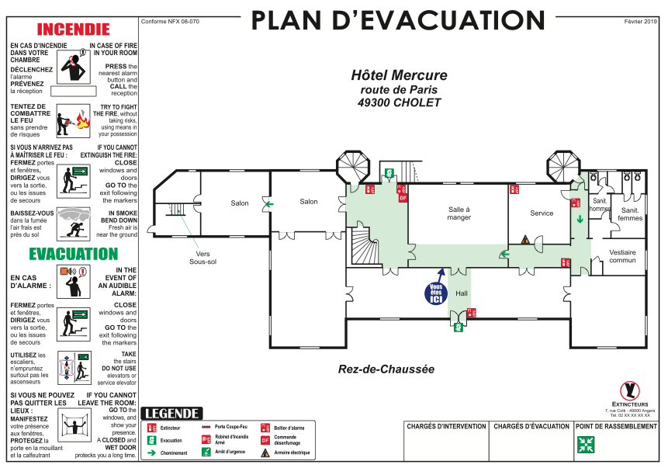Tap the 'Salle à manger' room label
[459, 213]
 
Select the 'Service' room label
[542, 213]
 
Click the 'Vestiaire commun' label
[622, 256]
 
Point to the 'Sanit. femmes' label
[631, 214]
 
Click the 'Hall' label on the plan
[462, 293]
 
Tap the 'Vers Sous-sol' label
[203, 258]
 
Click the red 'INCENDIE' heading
[74, 29]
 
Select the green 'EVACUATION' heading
[74, 254]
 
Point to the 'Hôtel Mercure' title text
[399, 75]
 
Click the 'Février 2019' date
[640, 22]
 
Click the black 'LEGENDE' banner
[172, 414]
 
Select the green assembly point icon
[585, 444]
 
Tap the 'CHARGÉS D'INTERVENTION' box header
[446, 426]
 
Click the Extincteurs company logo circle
[630, 390]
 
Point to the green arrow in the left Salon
[268, 205]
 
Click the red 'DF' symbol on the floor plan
[403, 198]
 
